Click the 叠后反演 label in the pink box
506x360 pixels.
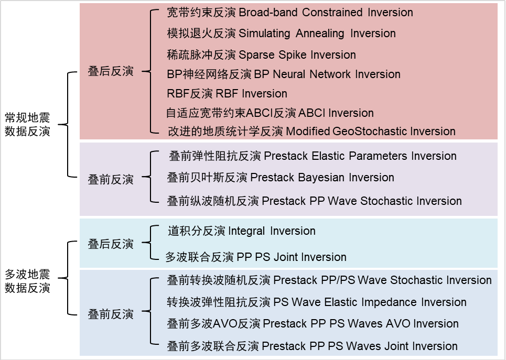(111, 72)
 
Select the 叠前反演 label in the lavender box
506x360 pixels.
(111, 180)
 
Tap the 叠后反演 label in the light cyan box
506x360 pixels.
(111, 244)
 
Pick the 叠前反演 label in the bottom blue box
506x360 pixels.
(111, 314)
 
